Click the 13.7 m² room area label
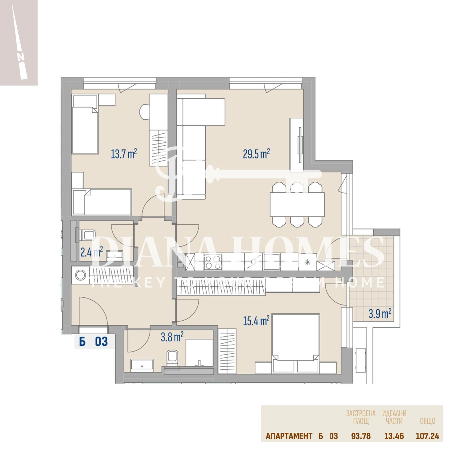pos(124,154)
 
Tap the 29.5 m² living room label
pos(256,154)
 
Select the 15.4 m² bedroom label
pos(256,321)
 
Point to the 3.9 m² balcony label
pos(380,313)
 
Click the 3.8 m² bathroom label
pos(172,337)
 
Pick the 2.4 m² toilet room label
pos(91,252)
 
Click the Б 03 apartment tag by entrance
pos(93,342)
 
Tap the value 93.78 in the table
pos(361,436)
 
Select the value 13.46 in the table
pos(394,436)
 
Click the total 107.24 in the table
pos(427,436)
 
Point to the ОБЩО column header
pos(427,421)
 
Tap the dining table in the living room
pos(297,205)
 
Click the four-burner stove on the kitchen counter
pos(213,262)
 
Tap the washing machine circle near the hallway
pos(80,275)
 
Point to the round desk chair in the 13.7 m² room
pos(145,111)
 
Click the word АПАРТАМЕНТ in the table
pos(289,436)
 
